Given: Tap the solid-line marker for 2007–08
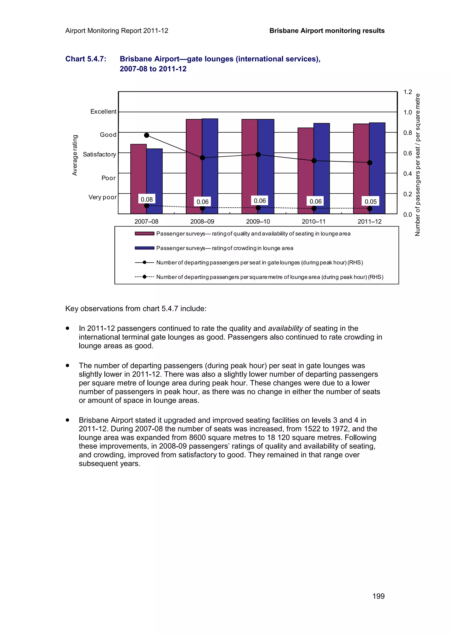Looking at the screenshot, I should click(147, 135).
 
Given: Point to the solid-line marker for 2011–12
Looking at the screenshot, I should click(370, 163).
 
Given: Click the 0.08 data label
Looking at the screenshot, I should click(147, 199).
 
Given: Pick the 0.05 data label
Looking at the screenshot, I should click(370, 201).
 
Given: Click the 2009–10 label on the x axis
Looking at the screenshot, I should click(258, 221).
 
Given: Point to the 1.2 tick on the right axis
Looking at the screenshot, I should click(408, 92).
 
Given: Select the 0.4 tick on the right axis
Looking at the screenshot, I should click(408, 174).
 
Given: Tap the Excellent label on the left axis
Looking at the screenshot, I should click(103, 111).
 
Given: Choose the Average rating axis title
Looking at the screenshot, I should click(74, 155).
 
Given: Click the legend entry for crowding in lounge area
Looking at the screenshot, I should click(225, 248).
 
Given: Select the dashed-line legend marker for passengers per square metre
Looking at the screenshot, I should click(144, 277).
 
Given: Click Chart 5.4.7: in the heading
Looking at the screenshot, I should click(86, 59).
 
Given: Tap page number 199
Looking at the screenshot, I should click(378, 596).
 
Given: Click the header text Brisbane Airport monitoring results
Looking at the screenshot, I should click(327, 31).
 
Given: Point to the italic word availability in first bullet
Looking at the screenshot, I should click(285, 328).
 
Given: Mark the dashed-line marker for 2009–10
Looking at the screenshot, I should click(258, 207).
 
